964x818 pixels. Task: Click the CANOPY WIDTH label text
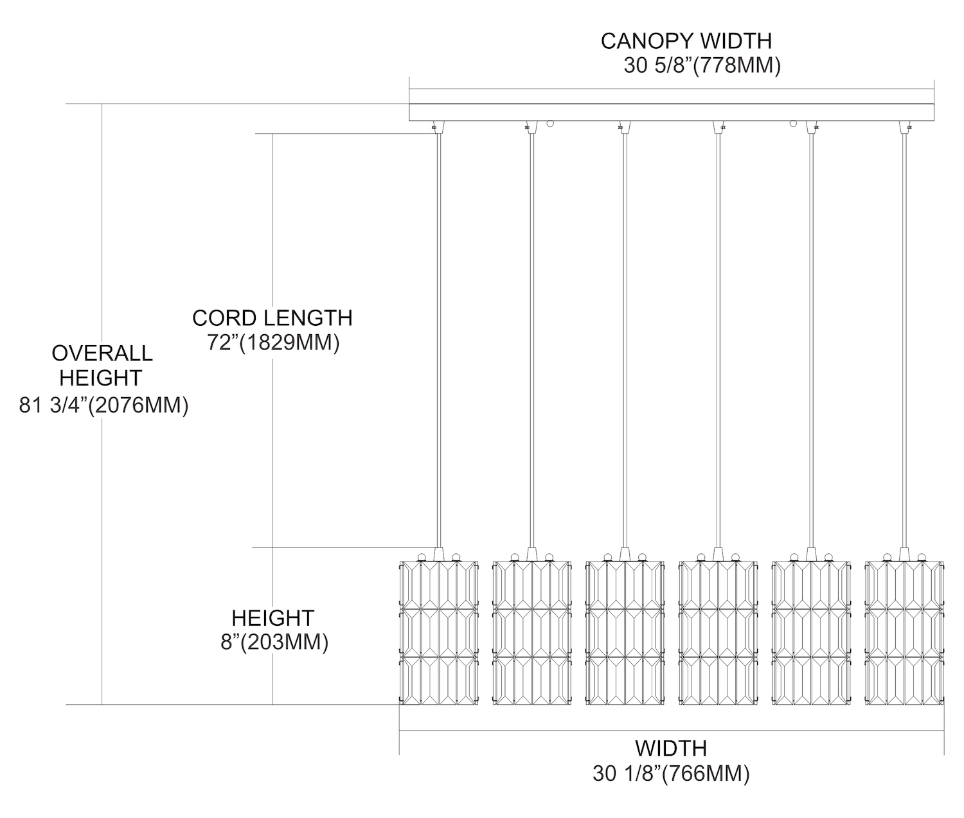click(x=686, y=40)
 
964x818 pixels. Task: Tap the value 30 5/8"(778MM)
click(x=702, y=66)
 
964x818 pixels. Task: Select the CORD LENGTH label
click(x=272, y=317)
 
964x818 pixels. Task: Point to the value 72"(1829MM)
click(x=273, y=343)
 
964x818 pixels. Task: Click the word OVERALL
click(x=102, y=353)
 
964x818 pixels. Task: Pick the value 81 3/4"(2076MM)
click(x=103, y=405)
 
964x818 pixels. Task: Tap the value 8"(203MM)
click(x=274, y=642)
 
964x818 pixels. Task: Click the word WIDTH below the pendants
click(x=671, y=748)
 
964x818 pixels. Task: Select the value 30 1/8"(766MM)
click(x=671, y=773)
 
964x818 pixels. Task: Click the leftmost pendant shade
click(x=439, y=633)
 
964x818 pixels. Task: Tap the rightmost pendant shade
click(x=905, y=633)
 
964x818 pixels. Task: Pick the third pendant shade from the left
click(x=625, y=633)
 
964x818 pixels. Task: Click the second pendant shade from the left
click(x=531, y=633)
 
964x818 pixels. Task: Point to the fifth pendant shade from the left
click(x=812, y=633)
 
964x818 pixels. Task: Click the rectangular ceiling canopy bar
click(x=671, y=112)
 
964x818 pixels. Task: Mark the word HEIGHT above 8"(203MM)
click(x=272, y=618)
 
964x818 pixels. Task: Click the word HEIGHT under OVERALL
click(x=100, y=377)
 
